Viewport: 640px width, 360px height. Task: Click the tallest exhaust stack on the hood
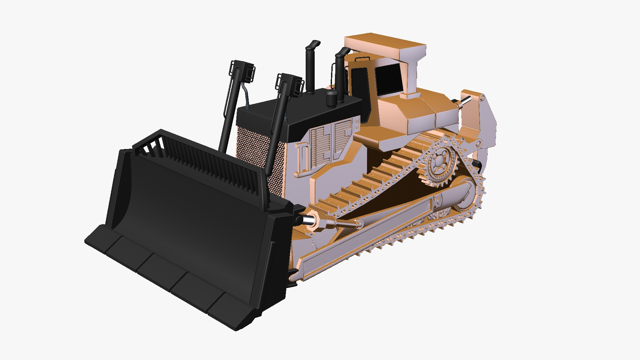(310, 67)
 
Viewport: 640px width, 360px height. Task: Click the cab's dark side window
(388, 79)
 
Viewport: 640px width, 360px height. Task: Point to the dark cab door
(360, 90)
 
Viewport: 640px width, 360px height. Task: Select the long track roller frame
(367, 233)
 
